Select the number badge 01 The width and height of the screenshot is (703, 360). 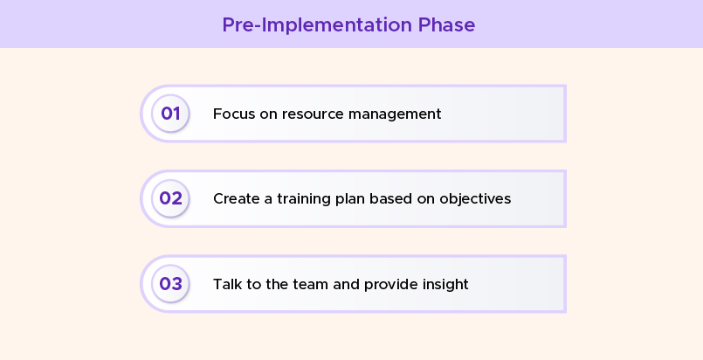(x=170, y=114)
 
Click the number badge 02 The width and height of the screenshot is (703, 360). (x=170, y=198)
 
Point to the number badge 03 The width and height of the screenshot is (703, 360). (x=170, y=284)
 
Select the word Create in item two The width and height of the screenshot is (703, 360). (x=234, y=198)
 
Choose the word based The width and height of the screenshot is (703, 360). (x=389, y=198)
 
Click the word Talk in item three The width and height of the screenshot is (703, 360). (x=227, y=284)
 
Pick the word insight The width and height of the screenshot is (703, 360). (x=445, y=284)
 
